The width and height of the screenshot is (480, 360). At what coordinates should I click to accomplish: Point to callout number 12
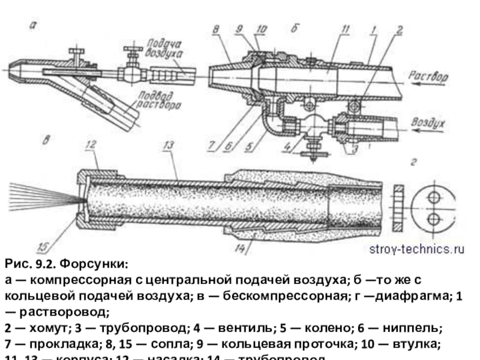[91, 144]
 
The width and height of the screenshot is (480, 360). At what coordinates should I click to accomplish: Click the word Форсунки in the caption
[97, 265]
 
